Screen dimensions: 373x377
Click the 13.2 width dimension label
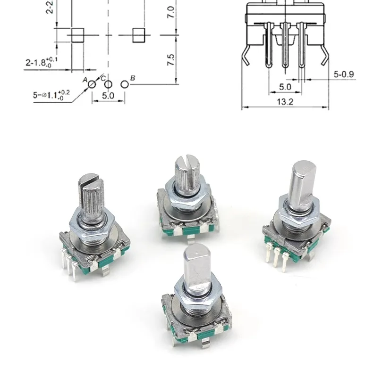(x=285, y=102)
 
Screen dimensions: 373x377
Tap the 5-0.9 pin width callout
(x=344, y=74)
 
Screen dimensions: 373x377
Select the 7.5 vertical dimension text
(x=171, y=60)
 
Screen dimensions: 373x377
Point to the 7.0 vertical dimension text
(x=171, y=12)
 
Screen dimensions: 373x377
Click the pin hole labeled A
(x=92, y=84)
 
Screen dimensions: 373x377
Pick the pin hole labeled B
(x=125, y=84)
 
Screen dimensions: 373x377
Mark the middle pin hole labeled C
(x=108, y=84)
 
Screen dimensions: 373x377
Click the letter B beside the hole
(x=133, y=78)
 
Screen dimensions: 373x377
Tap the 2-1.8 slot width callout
(x=42, y=63)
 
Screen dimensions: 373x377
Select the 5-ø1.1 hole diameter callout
(x=51, y=95)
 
